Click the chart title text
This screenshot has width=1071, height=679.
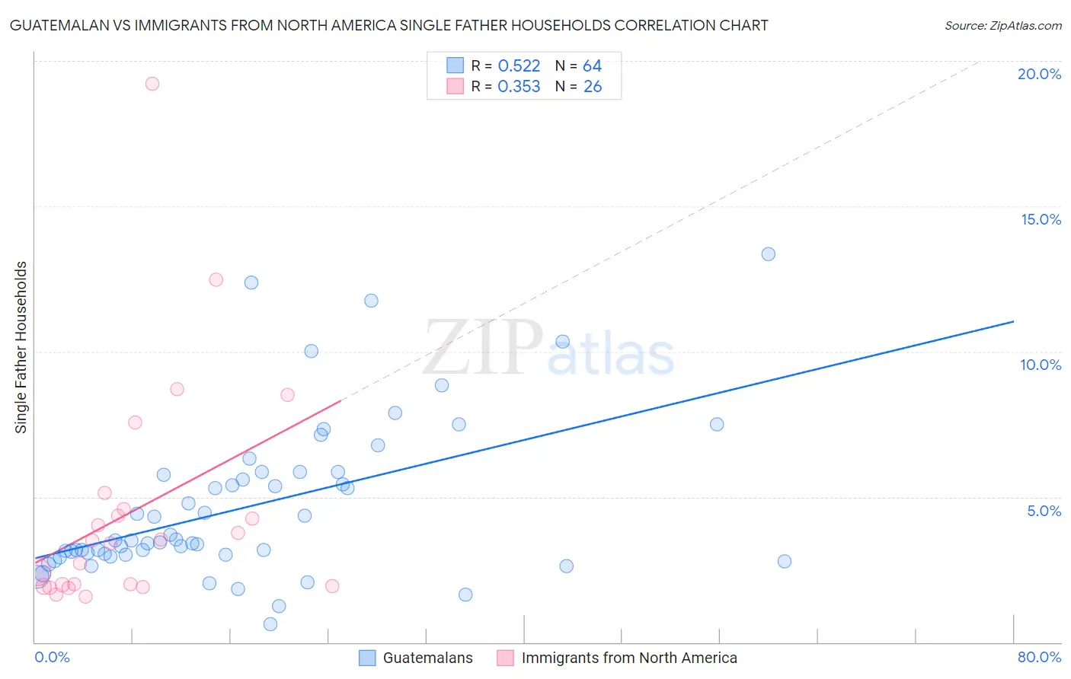point(388,25)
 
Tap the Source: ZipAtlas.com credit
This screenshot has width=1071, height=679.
point(1002,25)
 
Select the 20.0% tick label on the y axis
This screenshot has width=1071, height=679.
point(1039,74)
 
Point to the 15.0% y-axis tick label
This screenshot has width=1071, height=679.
point(1041,219)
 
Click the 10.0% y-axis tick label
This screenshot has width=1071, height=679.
point(1041,365)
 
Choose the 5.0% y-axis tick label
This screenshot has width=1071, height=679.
point(1044,511)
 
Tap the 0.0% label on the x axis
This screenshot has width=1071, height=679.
point(52,657)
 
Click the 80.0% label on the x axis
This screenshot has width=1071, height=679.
point(1039,657)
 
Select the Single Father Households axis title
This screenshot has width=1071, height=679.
point(21,347)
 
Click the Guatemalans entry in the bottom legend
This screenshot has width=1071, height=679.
point(427,658)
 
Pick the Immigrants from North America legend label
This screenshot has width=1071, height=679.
point(629,658)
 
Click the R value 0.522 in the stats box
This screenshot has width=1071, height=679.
point(519,66)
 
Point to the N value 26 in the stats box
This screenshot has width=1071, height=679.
point(593,87)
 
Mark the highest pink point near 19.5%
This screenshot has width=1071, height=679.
point(152,84)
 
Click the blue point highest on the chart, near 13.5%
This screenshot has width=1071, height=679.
point(768,254)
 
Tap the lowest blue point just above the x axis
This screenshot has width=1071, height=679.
point(270,624)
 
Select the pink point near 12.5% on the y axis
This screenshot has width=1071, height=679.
point(216,279)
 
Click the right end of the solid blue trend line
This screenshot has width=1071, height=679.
point(1013,321)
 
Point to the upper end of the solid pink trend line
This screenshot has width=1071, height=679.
point(340,400)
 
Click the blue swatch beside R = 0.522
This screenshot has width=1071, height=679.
point(455,65)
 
